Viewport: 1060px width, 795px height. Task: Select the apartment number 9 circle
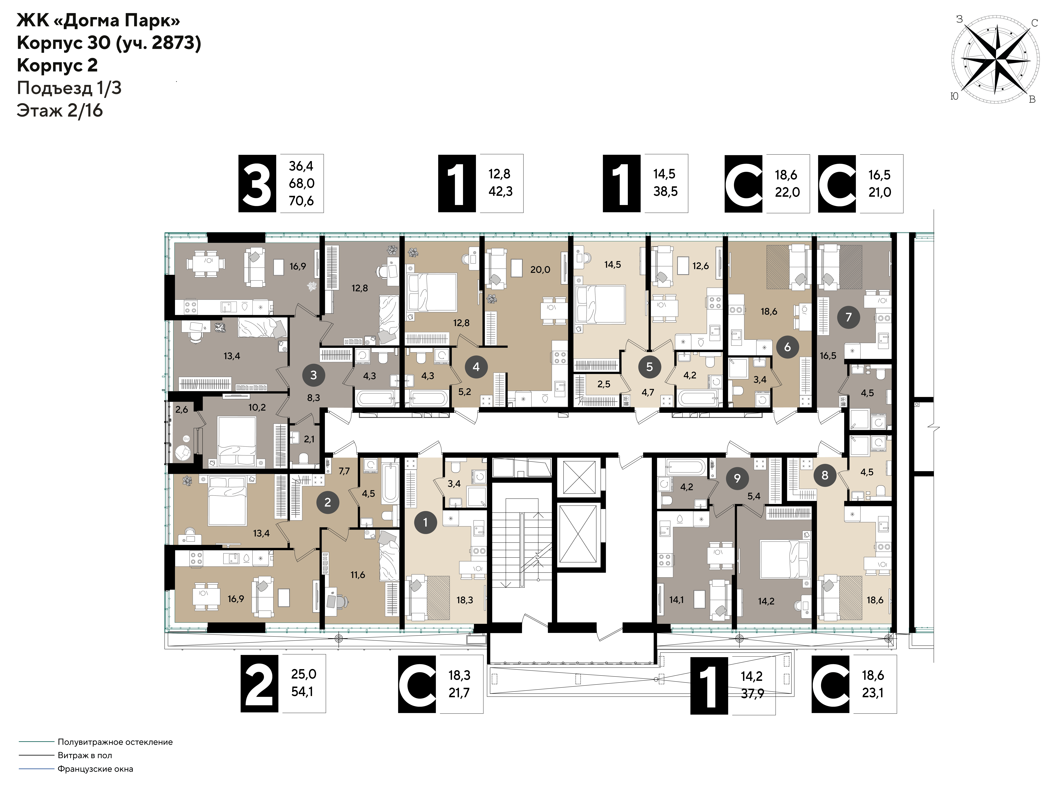pyautogui.click(x=737, y=478)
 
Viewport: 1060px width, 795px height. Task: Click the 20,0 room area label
pyautogui.click(x=540, y=270)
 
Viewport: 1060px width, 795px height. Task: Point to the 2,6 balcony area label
pyautogui.click(x=182, y=409)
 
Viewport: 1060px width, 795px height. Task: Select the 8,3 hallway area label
pyautogui.click(x=313, y=398)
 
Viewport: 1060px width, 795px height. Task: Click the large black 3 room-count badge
pyautogui.click(x=257, y=183)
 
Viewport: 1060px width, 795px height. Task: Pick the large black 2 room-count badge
pyautogui.click(x=259, y=683)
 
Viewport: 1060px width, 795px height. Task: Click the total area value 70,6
pyautogui.click(x=301, y=201)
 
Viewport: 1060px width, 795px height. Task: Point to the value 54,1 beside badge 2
pyautogui.click(x=302, y=692)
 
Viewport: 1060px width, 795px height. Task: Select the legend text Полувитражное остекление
pyautogui.click(x=115, y=742)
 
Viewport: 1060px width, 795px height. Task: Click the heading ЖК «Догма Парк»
pyautogui.click(x=98, y=21)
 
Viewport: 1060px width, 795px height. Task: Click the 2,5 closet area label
pyautogui.click(x=604, y=384)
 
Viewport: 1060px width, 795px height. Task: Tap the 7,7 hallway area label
pyautogui.click(x=344, y=471)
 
